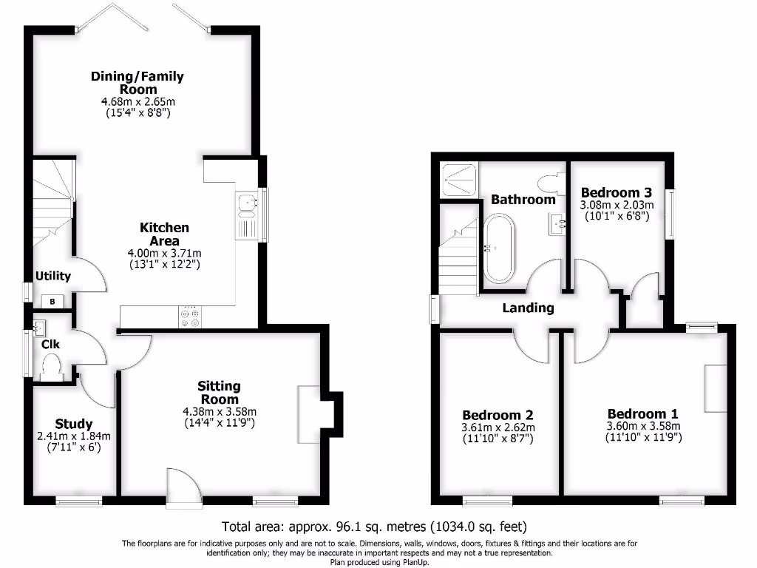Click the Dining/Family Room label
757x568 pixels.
point(137,82)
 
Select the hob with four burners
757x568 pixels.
point(190,317)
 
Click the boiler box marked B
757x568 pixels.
point(53,301)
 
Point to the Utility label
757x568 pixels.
point(53,276)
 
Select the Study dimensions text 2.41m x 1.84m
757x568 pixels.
point(73,436)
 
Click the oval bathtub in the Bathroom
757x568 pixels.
point(499,249)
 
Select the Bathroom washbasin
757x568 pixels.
point(557,222)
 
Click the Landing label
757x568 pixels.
point(528,308)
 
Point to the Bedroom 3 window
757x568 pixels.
point(671,214)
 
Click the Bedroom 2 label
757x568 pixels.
point(498,415)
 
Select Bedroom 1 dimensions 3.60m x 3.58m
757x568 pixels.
point(642,425)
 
